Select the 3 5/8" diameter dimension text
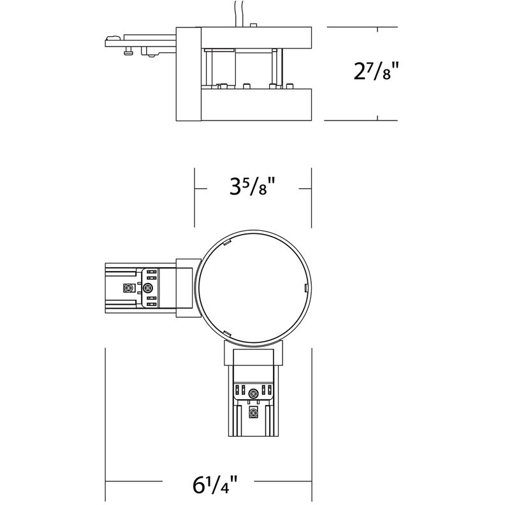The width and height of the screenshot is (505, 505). pos(252,189)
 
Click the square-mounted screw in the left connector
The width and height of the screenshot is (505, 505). pos(129,288)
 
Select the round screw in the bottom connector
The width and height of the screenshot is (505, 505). pos(254,393)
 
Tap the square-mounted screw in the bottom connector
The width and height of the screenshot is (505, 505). pos(254,413)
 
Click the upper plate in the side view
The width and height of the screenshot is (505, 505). pos(255,36)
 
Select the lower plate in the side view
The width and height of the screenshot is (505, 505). pos(255,105)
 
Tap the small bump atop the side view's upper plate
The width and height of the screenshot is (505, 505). pos(254,25)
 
